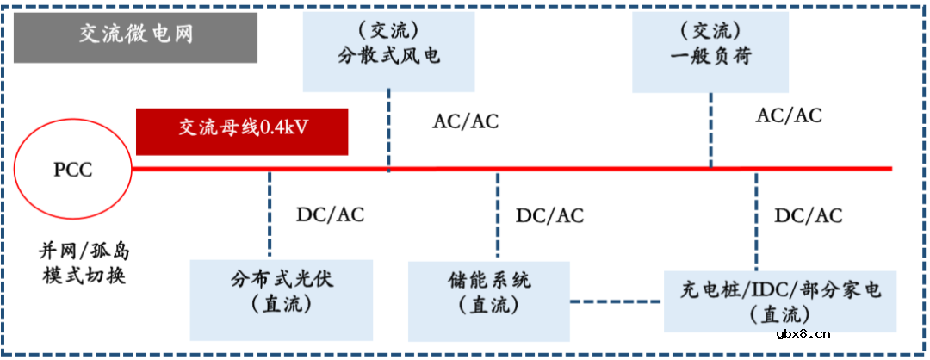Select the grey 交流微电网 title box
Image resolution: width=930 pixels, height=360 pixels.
point(136,35)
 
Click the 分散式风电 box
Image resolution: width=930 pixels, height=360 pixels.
point(388,47)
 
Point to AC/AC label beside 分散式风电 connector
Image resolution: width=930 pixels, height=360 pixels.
point(465,121)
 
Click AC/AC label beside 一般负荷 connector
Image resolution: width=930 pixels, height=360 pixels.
point(789,115)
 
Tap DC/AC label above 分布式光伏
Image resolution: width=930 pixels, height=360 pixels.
point(329,214)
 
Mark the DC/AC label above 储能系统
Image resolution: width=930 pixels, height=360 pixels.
point(549,215)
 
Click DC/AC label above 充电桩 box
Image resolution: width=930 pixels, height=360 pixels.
point(809,215)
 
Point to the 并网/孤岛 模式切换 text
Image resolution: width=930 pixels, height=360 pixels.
point(83,264)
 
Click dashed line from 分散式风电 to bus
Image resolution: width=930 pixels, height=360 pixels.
point(388,129)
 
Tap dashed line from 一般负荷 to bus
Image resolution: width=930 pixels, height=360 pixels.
point(711,129)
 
